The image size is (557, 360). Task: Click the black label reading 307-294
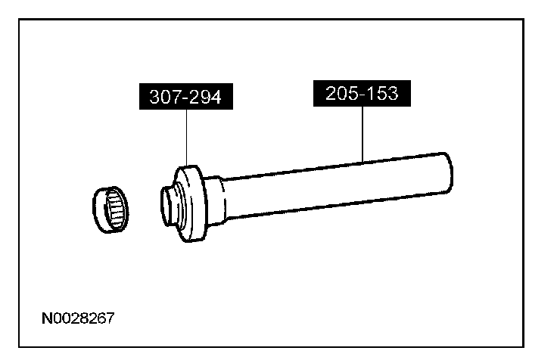(186, 97)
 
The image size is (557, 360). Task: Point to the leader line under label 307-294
(186, 136)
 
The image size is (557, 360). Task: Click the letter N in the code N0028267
(46, 318)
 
